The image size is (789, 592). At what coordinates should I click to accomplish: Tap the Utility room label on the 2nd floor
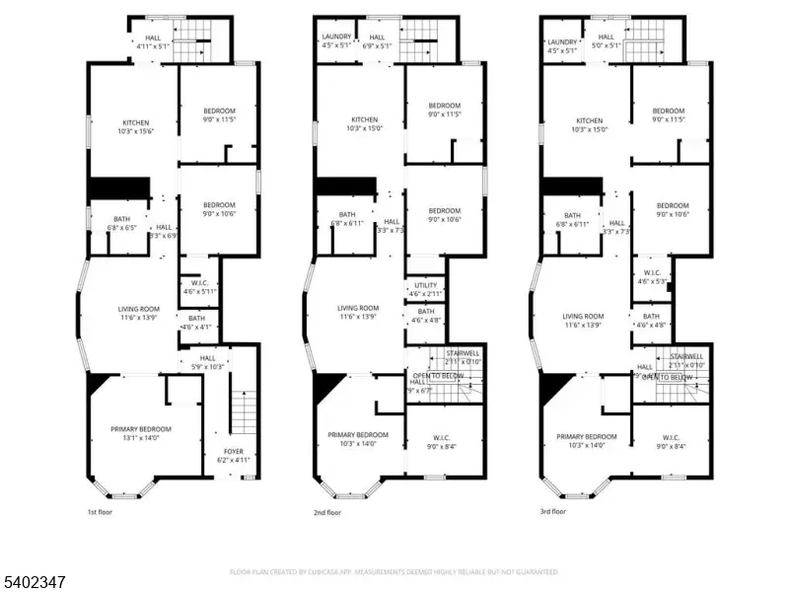[x=425, y=286]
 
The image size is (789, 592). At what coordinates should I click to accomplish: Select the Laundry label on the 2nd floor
[x=336, y=37]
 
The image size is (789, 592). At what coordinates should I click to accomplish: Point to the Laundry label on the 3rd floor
[x=562, y=41]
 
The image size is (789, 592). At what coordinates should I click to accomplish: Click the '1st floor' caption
[x=101, y=512]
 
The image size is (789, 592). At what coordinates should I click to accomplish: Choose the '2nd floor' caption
[x=326, y=512]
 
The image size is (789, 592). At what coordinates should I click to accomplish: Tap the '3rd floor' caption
[x=552, y=512]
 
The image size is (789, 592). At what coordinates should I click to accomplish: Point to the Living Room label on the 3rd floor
[x=582, y=317]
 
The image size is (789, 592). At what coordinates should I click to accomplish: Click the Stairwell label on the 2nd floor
[x=463, y=353]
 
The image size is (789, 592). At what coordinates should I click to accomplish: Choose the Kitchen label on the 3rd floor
[x=590, y=120]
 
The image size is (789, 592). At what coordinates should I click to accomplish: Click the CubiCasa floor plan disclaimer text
[x=394, y=571]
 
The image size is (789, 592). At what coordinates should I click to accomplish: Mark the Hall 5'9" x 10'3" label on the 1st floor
[x=207, y=362]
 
